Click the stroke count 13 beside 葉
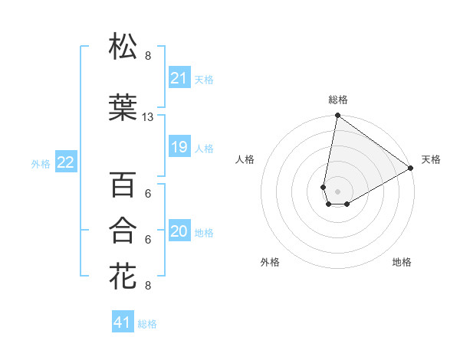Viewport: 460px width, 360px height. click(148, 117)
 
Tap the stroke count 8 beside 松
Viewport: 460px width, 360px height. click(148, 56)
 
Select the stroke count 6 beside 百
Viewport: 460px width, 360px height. click(148, 194)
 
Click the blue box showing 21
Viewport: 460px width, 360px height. click(179, 78)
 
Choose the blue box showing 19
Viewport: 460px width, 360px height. click(179, 147)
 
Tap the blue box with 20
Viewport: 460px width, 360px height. click(179, 232)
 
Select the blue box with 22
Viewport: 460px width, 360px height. click(65, 162)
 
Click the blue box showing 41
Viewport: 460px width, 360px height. click(123, 323)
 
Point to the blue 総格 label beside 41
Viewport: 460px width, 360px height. click(147, 324)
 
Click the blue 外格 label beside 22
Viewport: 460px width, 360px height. click(41, 163)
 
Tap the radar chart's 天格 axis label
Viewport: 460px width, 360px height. click(431, 159)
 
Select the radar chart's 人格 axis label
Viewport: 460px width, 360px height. click(245, 159)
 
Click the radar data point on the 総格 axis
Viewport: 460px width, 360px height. click(337, 116)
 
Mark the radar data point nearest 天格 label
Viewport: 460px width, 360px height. click(411, 169)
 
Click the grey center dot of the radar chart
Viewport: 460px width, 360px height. click(337, 190)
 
